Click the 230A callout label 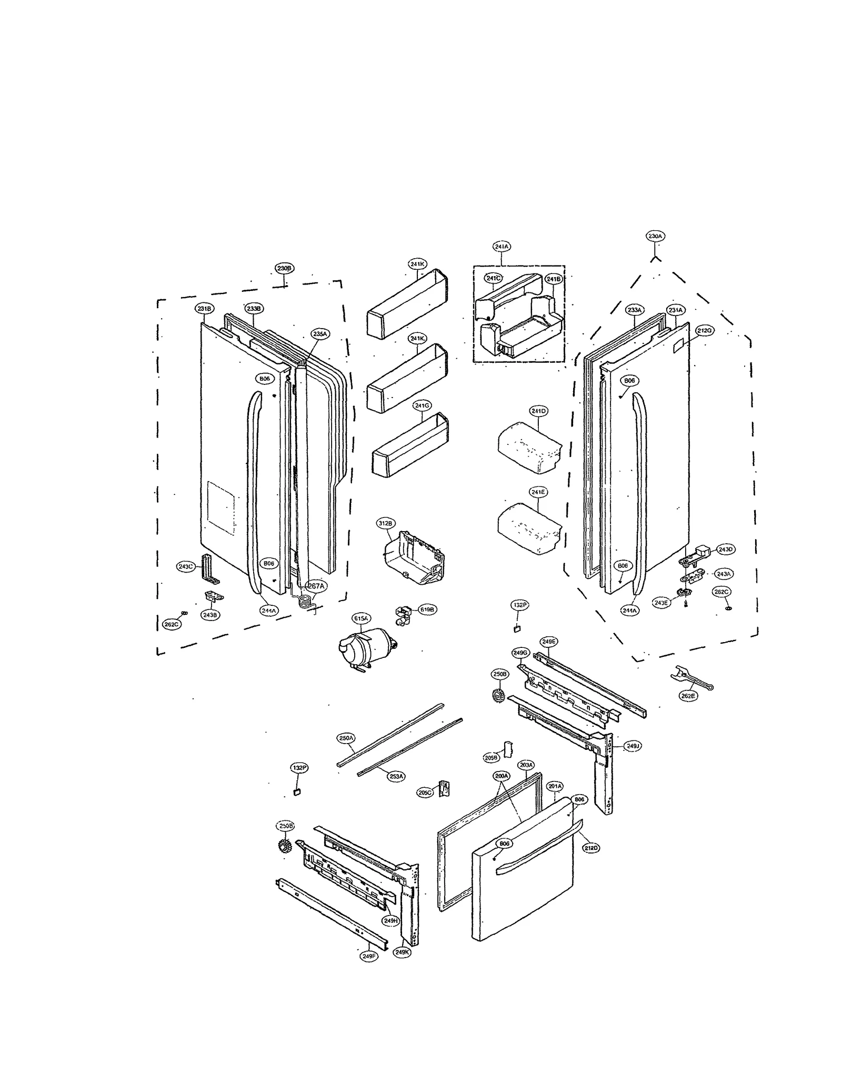655,236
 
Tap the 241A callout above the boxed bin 502,246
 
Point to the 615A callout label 361,618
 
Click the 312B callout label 385,523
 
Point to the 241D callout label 538,411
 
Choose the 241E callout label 538,492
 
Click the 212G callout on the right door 704,330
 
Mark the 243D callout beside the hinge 725,549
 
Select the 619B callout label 427,609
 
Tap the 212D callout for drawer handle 591,848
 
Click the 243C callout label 186,566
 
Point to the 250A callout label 346,738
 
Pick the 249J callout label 632,746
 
